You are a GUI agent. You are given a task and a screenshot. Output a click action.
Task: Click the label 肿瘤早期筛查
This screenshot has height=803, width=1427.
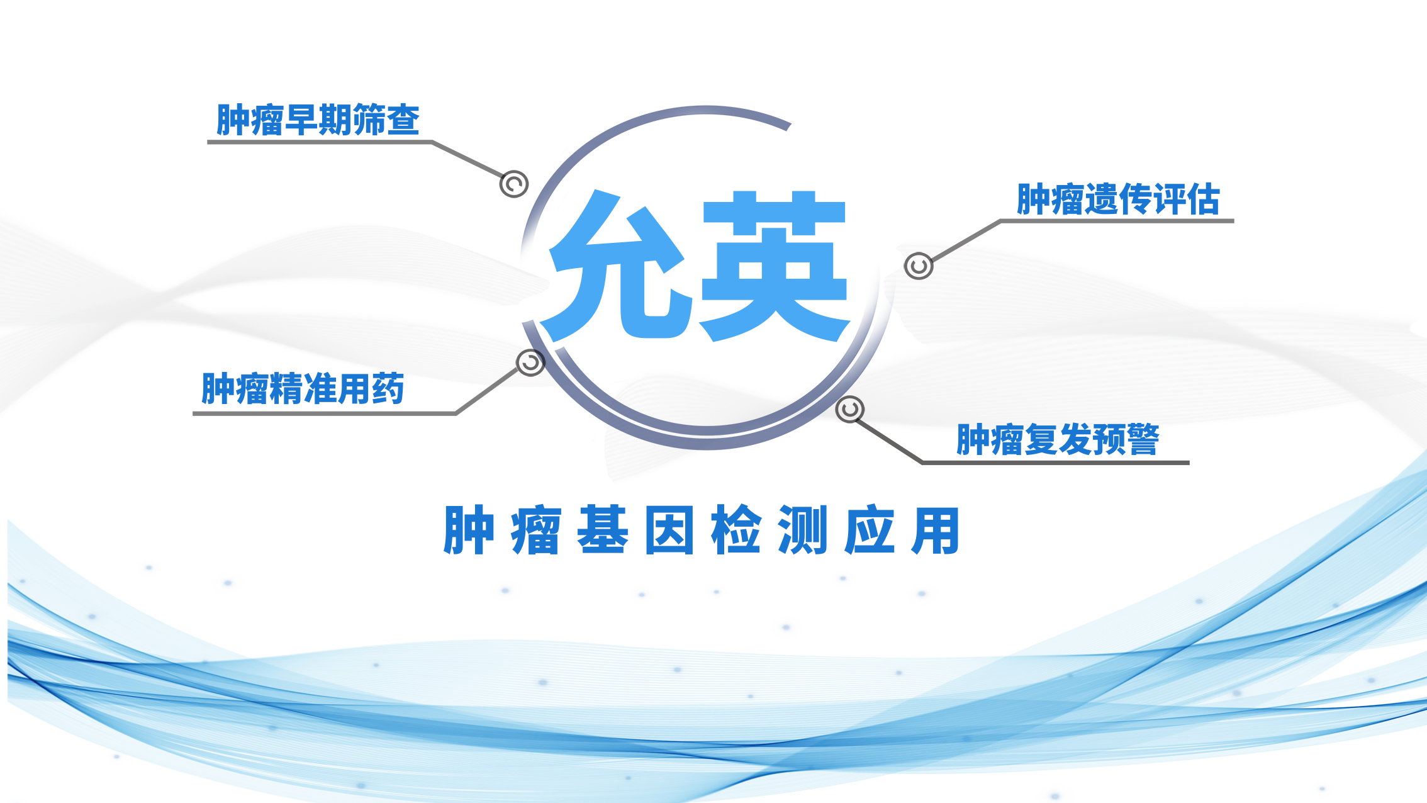coord(318,120)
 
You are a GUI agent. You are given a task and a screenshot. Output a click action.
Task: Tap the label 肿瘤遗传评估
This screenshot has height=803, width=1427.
coord(1118,199)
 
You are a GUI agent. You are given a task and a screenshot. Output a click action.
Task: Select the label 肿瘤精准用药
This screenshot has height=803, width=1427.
coord(303,388)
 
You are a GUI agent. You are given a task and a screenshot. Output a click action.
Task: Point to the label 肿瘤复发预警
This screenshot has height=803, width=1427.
coord(1058,439)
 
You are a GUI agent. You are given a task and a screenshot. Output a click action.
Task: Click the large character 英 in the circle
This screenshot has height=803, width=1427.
coord(775,266)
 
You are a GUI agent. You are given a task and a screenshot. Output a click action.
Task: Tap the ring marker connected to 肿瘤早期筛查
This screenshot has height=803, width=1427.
coord(514,184)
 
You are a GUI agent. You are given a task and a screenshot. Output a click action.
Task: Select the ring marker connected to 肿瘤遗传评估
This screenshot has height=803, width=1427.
coord(919,266)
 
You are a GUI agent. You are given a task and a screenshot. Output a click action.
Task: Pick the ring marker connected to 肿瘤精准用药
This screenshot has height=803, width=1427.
coord(530,362)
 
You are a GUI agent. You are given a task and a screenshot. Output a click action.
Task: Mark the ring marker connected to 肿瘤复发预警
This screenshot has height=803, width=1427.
coord(850,410)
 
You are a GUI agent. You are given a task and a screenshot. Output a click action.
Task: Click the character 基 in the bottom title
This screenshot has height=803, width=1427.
coord(603,530)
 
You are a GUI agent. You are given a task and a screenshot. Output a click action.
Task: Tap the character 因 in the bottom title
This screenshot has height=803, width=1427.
coord(669,530)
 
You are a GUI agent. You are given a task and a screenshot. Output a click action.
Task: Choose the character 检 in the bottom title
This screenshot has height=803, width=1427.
coord(736,530)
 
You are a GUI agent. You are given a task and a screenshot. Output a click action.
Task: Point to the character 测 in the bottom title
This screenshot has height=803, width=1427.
coord(803,530)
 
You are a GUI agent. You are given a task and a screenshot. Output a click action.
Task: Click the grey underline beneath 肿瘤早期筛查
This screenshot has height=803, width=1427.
coord(320,142)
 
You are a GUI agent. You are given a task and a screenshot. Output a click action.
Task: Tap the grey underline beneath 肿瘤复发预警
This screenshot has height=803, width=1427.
coord(1055,463)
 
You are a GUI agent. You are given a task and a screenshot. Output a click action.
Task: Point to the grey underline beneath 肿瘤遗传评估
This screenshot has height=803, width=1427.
coord(1117,221)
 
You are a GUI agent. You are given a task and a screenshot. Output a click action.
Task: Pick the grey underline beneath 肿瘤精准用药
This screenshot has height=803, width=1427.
coord(325,413)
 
